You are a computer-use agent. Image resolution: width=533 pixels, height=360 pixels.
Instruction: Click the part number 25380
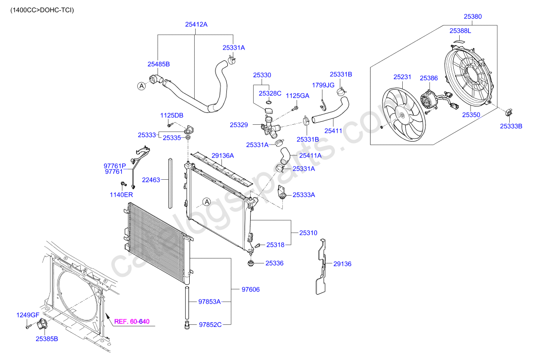[x=472, y=16]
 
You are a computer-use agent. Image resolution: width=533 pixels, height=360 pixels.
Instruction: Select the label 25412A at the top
[x=196, y=24]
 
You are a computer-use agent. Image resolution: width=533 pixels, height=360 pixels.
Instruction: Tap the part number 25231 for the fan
[x=402, y=77]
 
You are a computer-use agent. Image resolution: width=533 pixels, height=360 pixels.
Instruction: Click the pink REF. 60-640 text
[x=132, y=322]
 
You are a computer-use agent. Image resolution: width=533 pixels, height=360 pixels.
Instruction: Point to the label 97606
[x=250, y=289]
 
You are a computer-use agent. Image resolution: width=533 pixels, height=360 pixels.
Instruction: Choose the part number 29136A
[x=222, y=155]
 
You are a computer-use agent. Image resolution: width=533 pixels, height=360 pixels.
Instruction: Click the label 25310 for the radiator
[x=308, y=233]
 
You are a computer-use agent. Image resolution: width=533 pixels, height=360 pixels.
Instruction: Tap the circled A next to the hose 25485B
[x=141, y=86]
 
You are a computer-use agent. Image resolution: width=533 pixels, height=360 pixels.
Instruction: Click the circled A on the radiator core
[x=207, y=202]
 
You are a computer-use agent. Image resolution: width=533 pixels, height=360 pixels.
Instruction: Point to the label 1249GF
[x=28, y=315]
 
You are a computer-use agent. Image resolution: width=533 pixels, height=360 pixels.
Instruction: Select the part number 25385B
[x=47, y=339]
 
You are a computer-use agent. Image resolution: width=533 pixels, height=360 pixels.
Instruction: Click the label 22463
[x=151, y=180]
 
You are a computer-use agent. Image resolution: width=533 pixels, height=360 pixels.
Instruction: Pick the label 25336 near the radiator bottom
[x=274, y=263]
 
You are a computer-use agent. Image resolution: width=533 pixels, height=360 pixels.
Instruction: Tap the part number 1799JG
[x=323, y=85]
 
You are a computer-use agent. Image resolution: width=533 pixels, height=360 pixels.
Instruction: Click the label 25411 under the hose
[x=333, y=131]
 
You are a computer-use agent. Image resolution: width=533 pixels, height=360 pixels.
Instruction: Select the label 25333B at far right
[x=511, y=126]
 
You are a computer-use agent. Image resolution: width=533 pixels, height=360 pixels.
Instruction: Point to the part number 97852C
[x=210, y=325]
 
